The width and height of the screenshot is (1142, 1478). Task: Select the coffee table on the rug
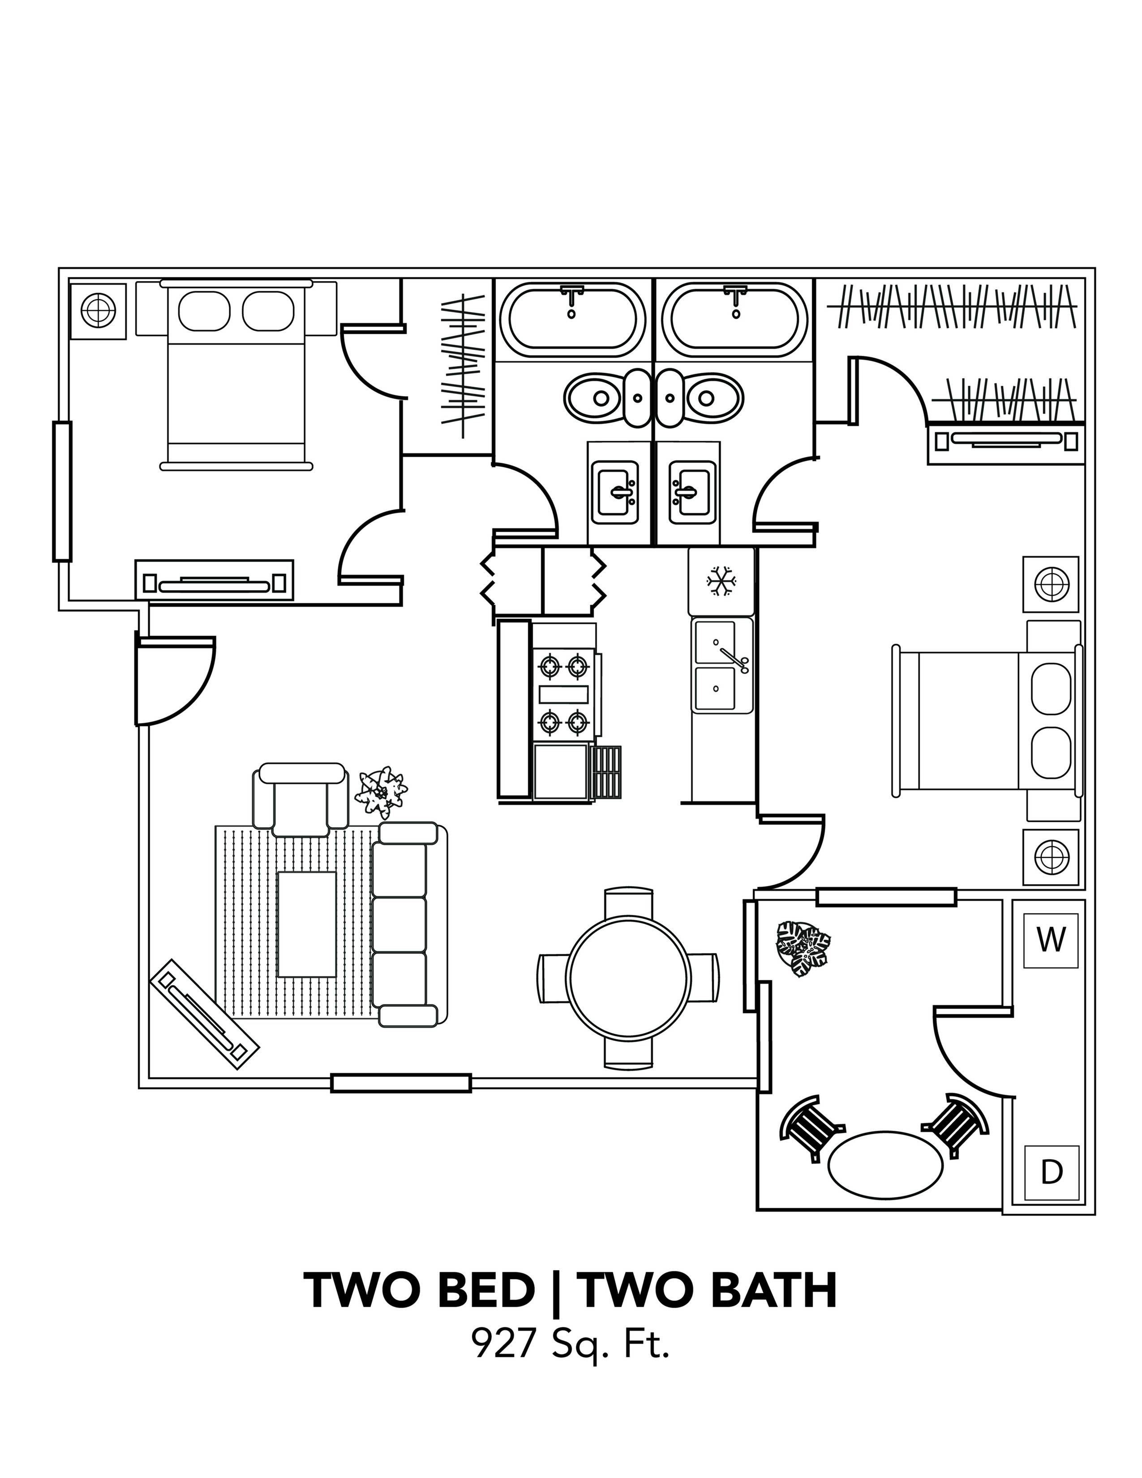tap(307, 924)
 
